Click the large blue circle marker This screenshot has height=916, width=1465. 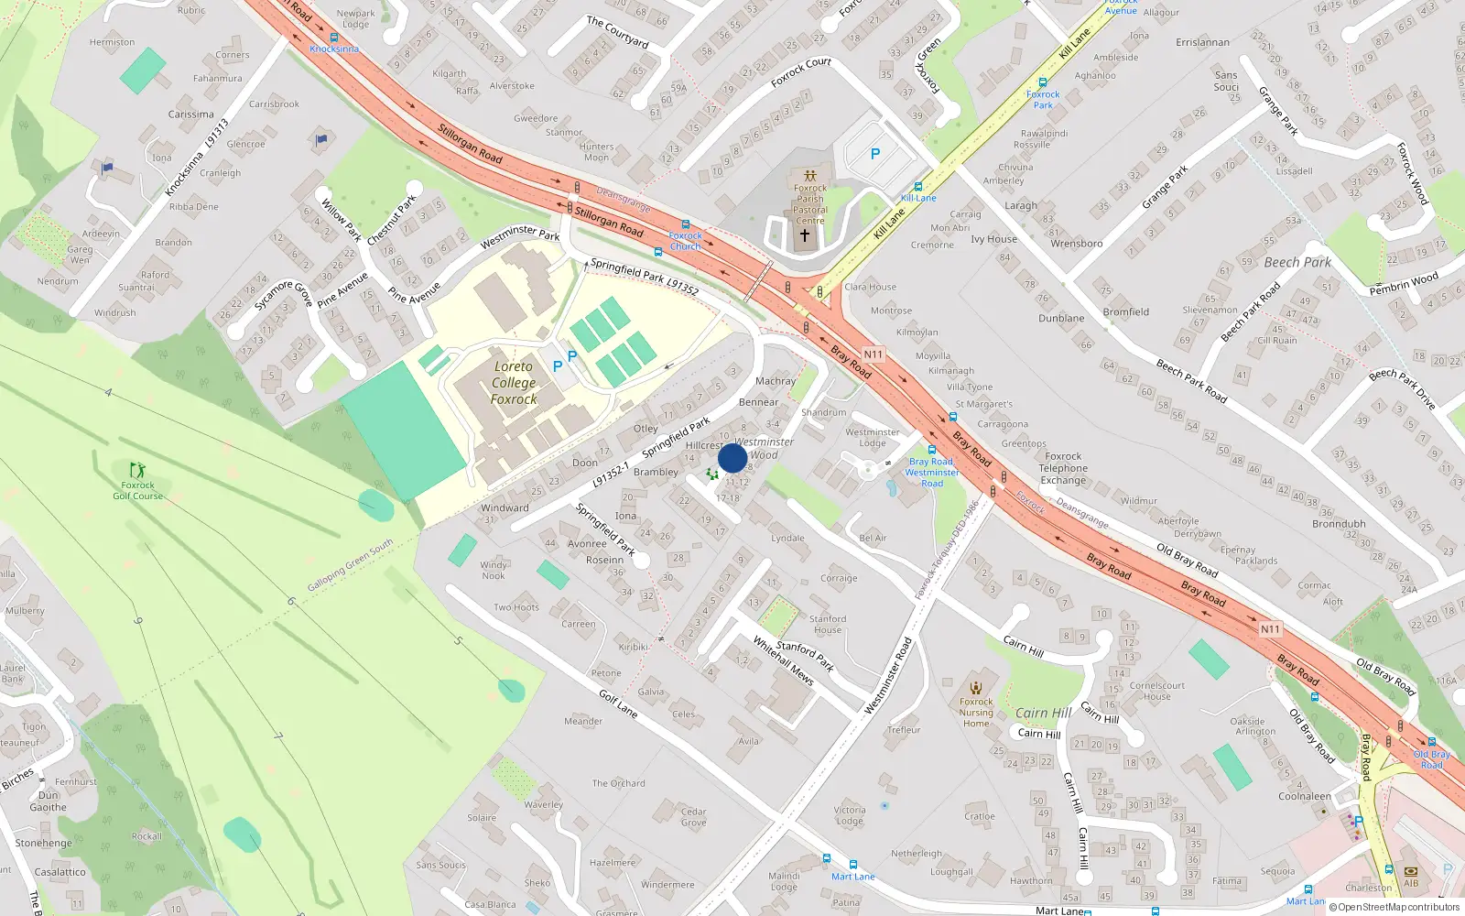click(732, 458)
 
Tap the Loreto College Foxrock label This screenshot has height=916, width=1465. click(514, 383)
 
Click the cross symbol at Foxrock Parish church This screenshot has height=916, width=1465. click(805, 235)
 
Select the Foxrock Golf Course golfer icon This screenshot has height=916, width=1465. click(137, 470)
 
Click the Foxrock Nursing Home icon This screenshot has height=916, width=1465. click(976, 687)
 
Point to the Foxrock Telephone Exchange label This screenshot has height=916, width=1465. click(1063, 468)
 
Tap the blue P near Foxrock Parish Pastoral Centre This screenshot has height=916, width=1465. click(874, 155)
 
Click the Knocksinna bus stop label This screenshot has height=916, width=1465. click(334, 49)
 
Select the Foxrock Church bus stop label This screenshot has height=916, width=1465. click(685, 241)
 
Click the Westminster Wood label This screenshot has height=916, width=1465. click(764, 448)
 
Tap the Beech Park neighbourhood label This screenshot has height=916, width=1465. click(1297, 263)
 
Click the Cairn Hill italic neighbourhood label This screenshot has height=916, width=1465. click(1043, 713)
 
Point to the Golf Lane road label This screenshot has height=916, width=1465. click(618, 703)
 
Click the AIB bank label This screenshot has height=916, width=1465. click(1411, 884)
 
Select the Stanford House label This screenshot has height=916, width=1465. click(828, 624)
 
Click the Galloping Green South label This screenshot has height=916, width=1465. click(350, 564)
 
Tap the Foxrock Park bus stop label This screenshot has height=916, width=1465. click(1043, 99)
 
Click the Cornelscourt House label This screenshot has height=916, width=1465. click(1157, 691)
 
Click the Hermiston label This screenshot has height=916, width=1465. click(112, 42)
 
